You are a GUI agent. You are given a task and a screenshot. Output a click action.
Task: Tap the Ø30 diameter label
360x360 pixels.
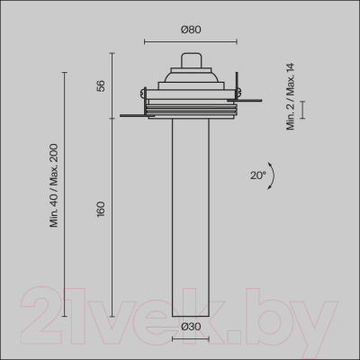[190, 327]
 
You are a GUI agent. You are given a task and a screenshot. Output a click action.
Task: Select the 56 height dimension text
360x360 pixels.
[101, 85]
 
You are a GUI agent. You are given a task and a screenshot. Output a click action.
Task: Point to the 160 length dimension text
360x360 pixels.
[101, 208]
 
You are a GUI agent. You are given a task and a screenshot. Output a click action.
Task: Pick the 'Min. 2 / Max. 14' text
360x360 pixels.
[291, 96]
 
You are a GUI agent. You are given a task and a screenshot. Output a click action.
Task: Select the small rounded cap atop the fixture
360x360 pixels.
[191, 61]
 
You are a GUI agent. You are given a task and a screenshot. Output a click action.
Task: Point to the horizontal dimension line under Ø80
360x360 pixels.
[191, 40]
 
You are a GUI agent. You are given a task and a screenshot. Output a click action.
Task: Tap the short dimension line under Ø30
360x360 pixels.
[190, 339]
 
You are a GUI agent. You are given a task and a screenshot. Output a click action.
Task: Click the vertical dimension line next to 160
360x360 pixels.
[112, 216]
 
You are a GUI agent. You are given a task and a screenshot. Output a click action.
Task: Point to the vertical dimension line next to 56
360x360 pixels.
[112, 85]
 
